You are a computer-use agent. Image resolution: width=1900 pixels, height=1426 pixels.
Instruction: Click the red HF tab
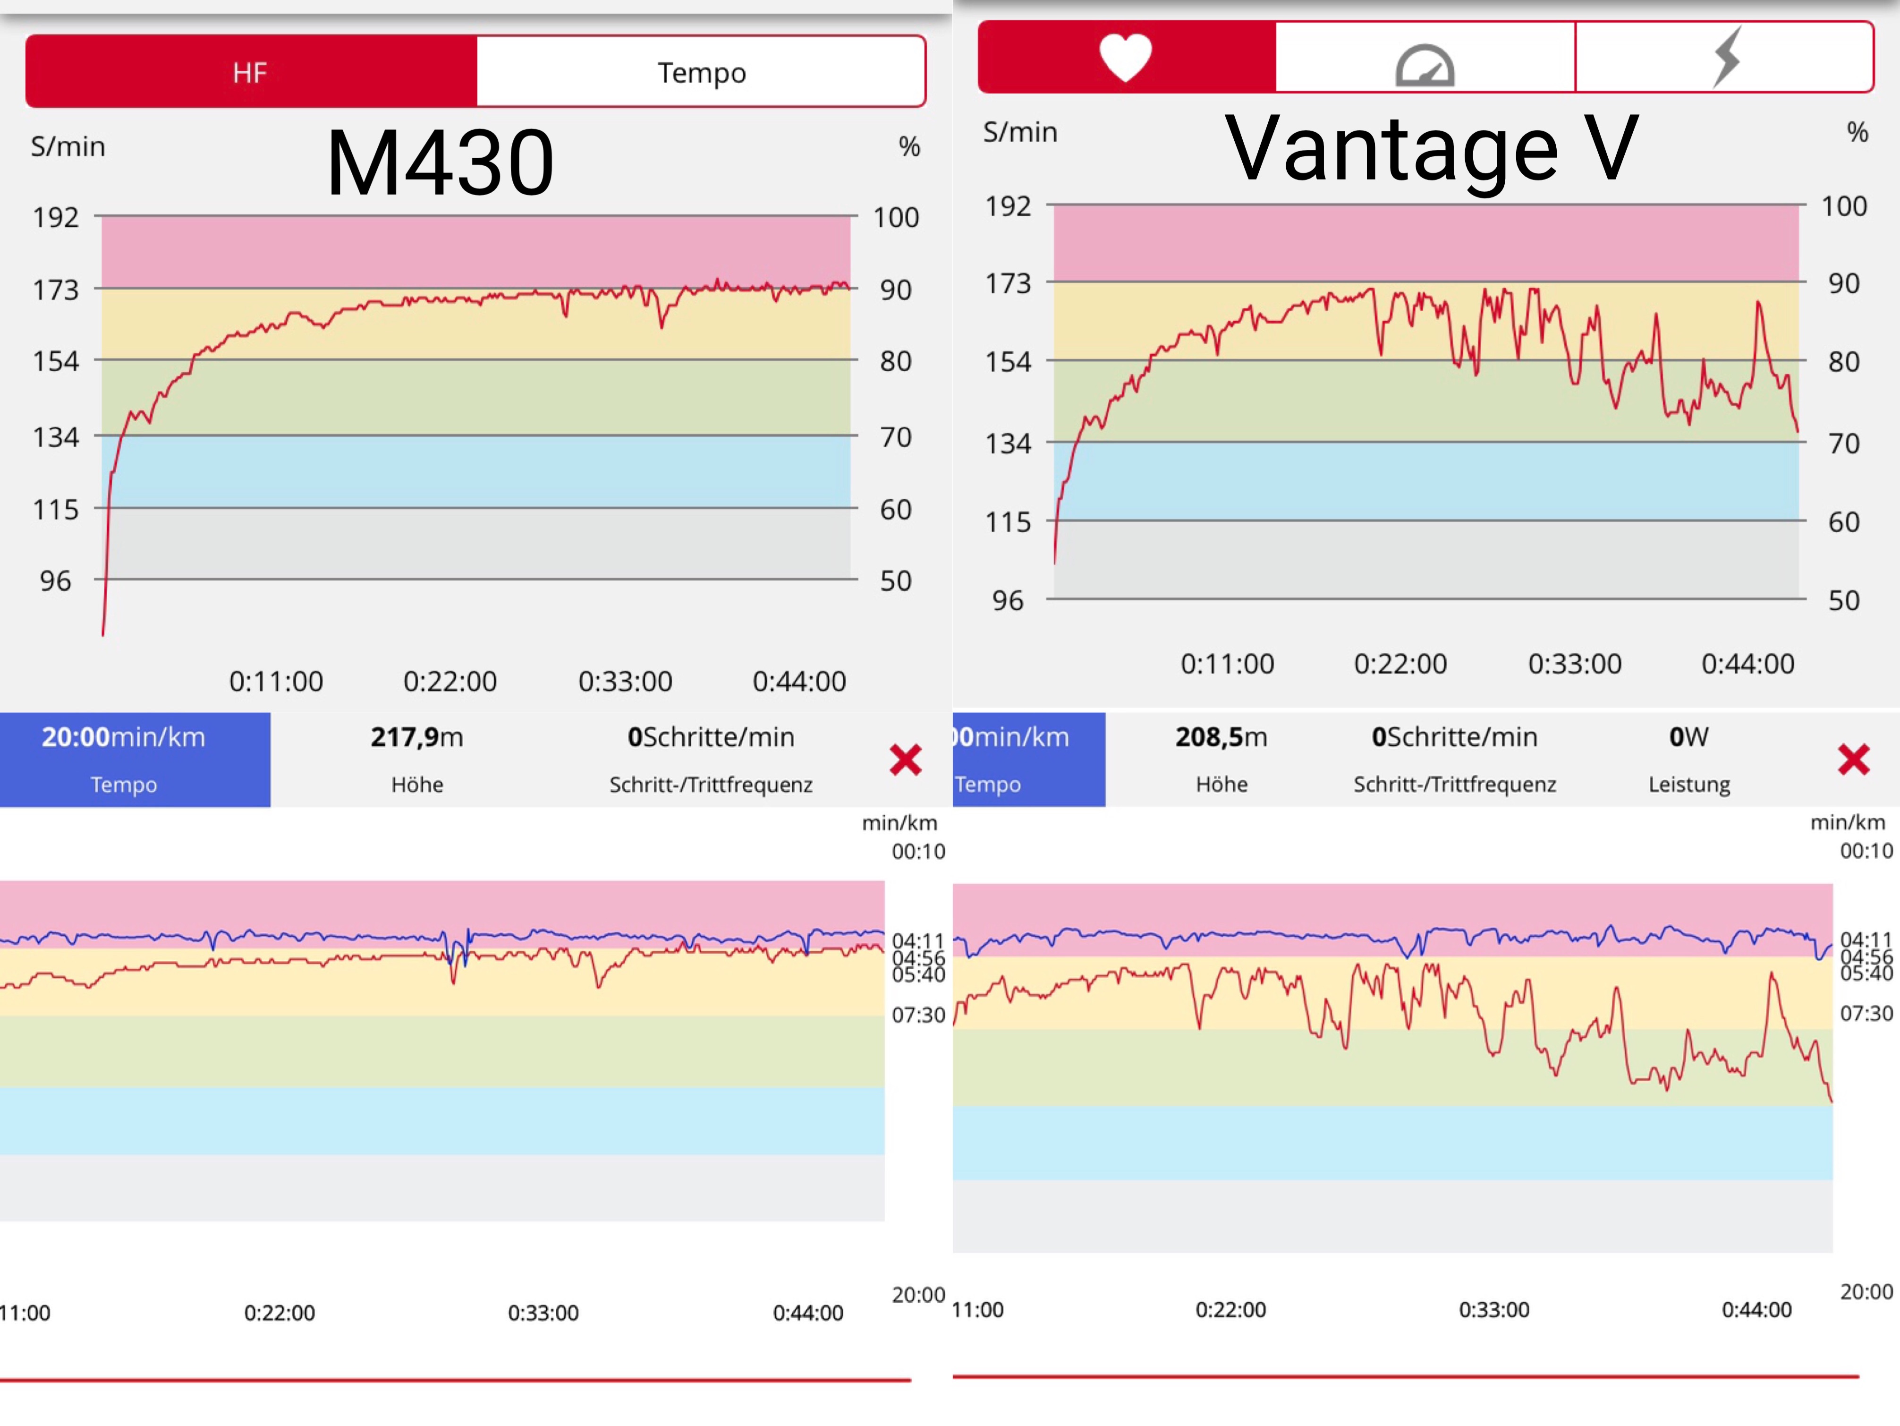[x=250, y=72]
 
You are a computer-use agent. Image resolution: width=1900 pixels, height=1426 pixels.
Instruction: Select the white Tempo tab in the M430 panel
[x=701, y=72]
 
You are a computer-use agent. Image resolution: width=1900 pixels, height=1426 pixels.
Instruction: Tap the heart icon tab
[x=1125, y=57]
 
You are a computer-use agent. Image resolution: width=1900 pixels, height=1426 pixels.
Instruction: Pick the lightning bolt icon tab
[x=1725, y=57]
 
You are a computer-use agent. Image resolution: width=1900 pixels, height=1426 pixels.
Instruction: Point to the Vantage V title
[x=1431, y=149]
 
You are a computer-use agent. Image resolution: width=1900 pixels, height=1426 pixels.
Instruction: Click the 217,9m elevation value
[x=416, y=737]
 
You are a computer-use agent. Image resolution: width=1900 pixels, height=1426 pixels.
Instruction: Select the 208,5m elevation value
[x=1221, y=737]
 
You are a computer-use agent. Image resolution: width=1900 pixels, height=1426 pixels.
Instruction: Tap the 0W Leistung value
[x=1688, y=737]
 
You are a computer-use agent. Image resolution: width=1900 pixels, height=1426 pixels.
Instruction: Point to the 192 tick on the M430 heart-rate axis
[x=56, y=217]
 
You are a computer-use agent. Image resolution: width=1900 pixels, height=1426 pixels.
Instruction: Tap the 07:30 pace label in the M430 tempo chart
[x=917, y=1015]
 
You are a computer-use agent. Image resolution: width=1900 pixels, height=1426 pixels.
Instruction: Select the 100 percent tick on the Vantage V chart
[x=1843, y=206]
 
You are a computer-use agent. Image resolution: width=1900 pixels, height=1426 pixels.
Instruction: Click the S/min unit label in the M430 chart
[x=68, y=147]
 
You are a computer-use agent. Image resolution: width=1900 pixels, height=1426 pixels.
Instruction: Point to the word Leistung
[x=1688, y=784]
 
